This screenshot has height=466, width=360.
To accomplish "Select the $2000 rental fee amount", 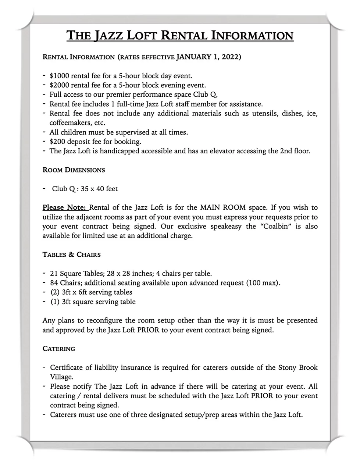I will (x=59, y=85).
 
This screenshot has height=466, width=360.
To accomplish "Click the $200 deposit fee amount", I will (x=57, y=141).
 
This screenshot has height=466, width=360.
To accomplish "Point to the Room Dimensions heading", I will (x=74, y=170).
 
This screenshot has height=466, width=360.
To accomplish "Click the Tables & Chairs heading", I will (x=72, y=255).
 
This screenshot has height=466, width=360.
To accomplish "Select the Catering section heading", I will (x=59, y=349).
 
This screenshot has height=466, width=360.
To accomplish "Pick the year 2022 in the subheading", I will (x=231, y=57).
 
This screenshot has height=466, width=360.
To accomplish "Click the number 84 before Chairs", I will (x=54, y=283).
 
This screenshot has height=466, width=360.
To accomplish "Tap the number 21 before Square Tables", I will (x=54, y=274).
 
